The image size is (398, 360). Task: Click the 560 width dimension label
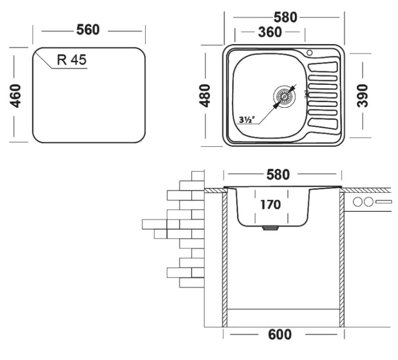pos(88,30)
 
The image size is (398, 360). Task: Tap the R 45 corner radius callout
pos(72,60)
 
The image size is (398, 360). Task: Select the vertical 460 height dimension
pos(15,96)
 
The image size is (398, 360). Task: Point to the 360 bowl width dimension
pos(270,32)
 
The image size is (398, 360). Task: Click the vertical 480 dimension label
pos(205,96)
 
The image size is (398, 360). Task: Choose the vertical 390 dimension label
pos(362,96)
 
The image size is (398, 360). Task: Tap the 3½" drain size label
pos(247,120)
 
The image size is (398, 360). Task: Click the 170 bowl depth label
pos(271,204)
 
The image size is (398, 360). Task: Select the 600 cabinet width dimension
pos(280,334)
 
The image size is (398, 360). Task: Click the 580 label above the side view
pos(278,175)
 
